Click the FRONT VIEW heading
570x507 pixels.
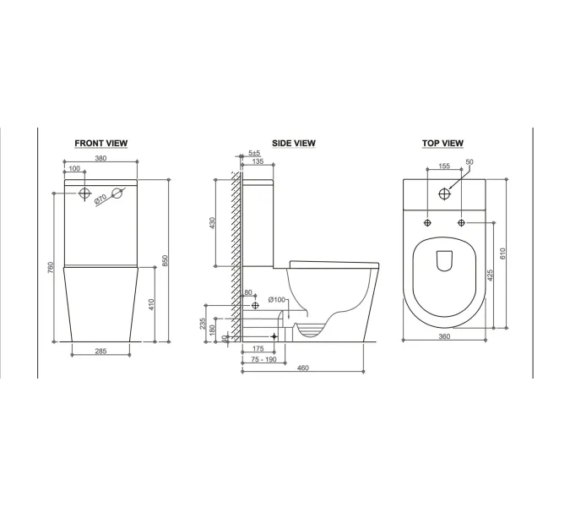pos(101,144)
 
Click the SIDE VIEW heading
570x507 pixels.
pos(294,144)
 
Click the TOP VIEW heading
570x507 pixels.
pos(442,144)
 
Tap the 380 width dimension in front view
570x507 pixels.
pos(100,158)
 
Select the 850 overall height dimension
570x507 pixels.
pos(165,260)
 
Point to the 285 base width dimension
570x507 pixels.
pos(100,351)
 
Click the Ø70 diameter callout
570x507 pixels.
pos(100,199)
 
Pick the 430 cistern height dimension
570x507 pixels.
pos(212,223)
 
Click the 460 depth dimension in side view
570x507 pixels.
pos(303,368)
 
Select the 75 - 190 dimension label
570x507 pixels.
pos(264,359)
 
